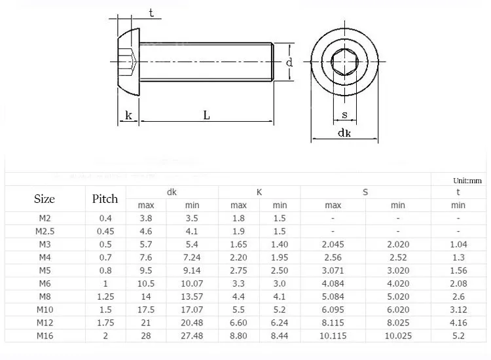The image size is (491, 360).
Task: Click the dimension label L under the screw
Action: [x=206, y=115]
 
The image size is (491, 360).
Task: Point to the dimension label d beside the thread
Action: [x=289, y=62]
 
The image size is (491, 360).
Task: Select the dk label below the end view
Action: [x=344, y=133]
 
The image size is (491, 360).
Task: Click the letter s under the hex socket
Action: [x=344, y=116]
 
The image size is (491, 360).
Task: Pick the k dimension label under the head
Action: [x=128, y=115]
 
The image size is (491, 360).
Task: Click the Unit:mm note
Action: [x=467, y=181]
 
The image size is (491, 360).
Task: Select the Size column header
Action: [x=44, y=199]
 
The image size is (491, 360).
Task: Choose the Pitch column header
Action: [x=105, y=199]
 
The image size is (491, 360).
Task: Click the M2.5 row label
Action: [x=45, y=231]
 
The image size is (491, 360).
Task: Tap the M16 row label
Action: [x=45, y=335]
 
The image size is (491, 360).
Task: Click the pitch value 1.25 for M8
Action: [x=105, y=296]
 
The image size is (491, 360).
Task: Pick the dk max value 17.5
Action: [x=145, y=309]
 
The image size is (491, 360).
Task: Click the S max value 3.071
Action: [x=333, y=270]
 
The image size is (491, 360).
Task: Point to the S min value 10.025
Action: [x=397, y=335]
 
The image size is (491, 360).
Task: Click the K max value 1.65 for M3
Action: [x=238, y=244]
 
